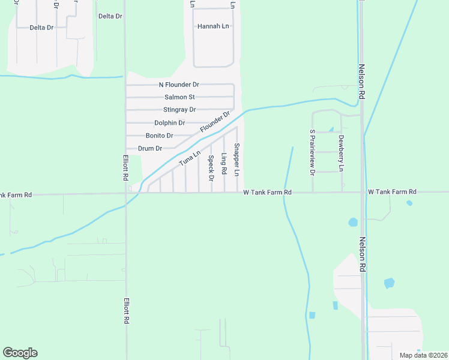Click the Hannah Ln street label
(213, 26)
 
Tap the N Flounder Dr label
(179, 85)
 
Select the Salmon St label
(179, 97)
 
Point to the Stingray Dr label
(179, 110)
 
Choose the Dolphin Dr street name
(169, 123)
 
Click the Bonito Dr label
(159, 136)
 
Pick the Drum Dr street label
(150, 148)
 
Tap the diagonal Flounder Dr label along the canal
(215, 122)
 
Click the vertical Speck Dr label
(211, 168)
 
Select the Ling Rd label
(223, 164)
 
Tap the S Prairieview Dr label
(312, 152)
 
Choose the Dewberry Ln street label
(341, 153)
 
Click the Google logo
(20, 353)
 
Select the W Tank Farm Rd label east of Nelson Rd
(392, 191)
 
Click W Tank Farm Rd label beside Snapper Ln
(267, 192)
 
